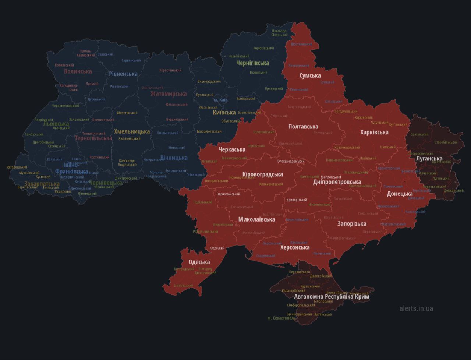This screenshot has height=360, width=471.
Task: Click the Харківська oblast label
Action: (374, 132)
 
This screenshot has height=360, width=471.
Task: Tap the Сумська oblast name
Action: (310, 75)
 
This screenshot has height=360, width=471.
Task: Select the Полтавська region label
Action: (303, 127)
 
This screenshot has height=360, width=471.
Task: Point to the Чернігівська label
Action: (252, 63)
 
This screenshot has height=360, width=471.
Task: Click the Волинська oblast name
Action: (78, 71)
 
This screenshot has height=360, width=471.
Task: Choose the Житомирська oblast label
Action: (169, 94)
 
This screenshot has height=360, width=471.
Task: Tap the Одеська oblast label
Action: (199, 262)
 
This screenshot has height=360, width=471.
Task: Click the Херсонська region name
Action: (295, 247)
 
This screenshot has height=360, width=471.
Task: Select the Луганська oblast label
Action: (429, 159)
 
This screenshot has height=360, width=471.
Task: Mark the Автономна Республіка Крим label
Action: (332, 297)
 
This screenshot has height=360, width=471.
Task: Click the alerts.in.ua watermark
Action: (416, 308)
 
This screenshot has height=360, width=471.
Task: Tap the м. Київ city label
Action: (220, 100)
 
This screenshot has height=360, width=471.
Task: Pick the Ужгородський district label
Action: (17, 167)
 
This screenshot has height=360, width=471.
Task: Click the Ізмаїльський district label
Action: (183, 286)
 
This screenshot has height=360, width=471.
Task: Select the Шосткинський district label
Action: (301, 44)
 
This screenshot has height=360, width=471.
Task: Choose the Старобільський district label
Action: (446, 142)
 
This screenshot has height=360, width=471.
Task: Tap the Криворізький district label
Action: (297, 200)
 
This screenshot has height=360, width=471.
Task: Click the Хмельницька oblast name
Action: (132, 131)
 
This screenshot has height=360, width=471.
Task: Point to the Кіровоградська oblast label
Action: (263, 174)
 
